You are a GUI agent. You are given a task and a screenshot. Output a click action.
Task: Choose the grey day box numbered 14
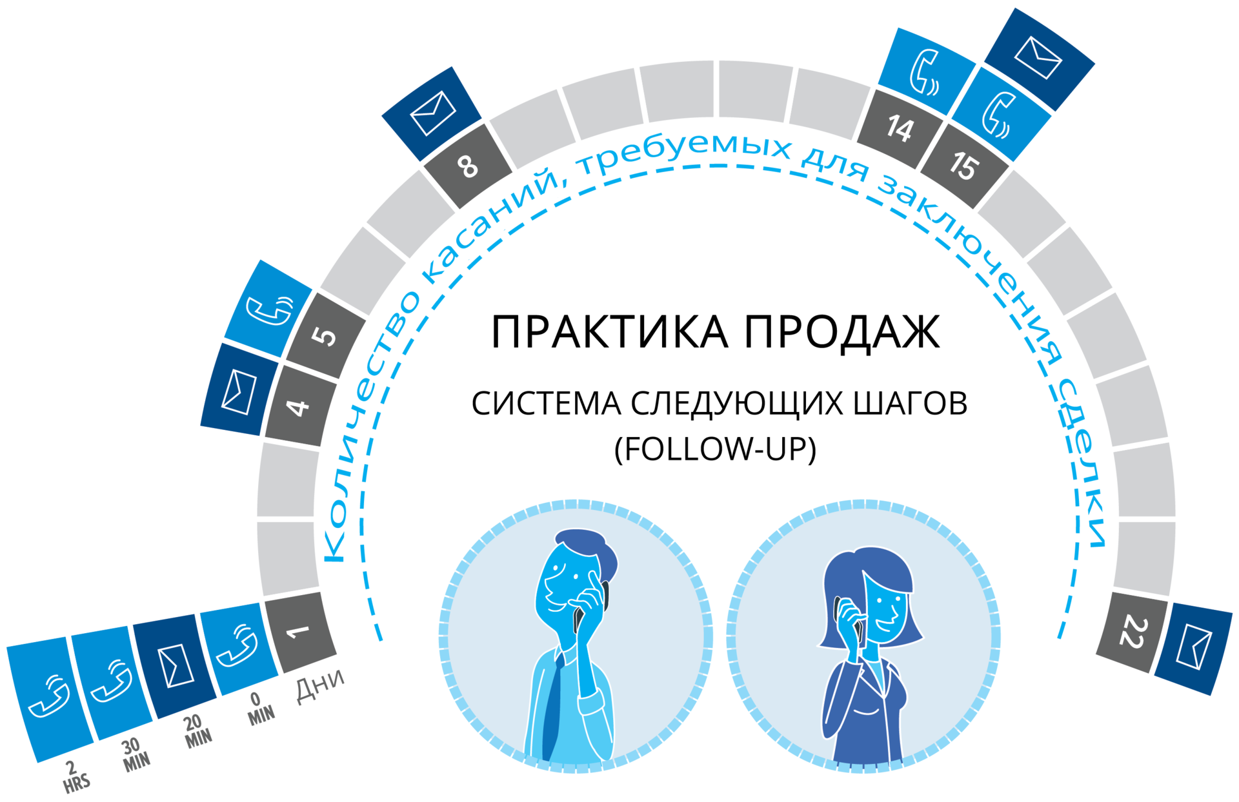[x=899, y=128]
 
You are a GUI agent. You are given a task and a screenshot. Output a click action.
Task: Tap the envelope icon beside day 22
[x=1194, y=648]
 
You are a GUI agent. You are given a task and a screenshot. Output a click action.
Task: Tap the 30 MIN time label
[x=135, y=754]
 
